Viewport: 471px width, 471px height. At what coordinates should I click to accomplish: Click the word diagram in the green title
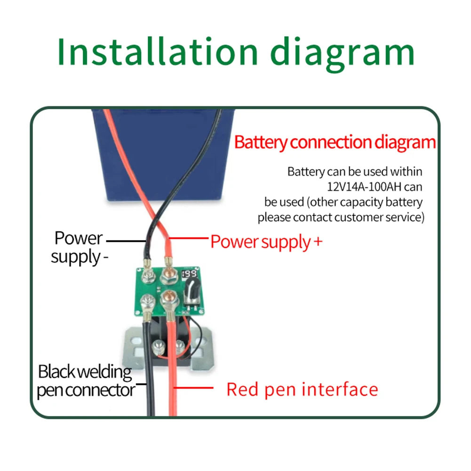tap(343, 54)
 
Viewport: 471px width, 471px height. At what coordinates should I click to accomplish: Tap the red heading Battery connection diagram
tap(335, 143)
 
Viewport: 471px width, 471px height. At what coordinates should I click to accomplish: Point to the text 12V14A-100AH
tap(364, 187)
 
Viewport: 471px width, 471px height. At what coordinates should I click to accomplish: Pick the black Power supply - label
tap(79, 248)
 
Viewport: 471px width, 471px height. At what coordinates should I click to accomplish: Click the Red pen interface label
tap(302, 390)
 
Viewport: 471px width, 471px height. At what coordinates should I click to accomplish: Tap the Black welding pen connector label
tap(86, 381)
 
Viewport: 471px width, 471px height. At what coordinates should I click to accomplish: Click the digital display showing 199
tap(189, 273)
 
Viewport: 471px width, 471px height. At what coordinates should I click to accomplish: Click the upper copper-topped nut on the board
tap(169, 275)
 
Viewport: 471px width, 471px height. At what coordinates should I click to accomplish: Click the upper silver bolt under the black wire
tap(148, 275)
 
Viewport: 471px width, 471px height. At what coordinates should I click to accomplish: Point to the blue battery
tap(164, 155)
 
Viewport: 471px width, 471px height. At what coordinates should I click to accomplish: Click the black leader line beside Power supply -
tap(126, 241)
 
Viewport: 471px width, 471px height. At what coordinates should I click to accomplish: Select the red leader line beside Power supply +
tap(189, 238)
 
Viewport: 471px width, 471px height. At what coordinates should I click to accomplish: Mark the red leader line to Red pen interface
tap(193, 388)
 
